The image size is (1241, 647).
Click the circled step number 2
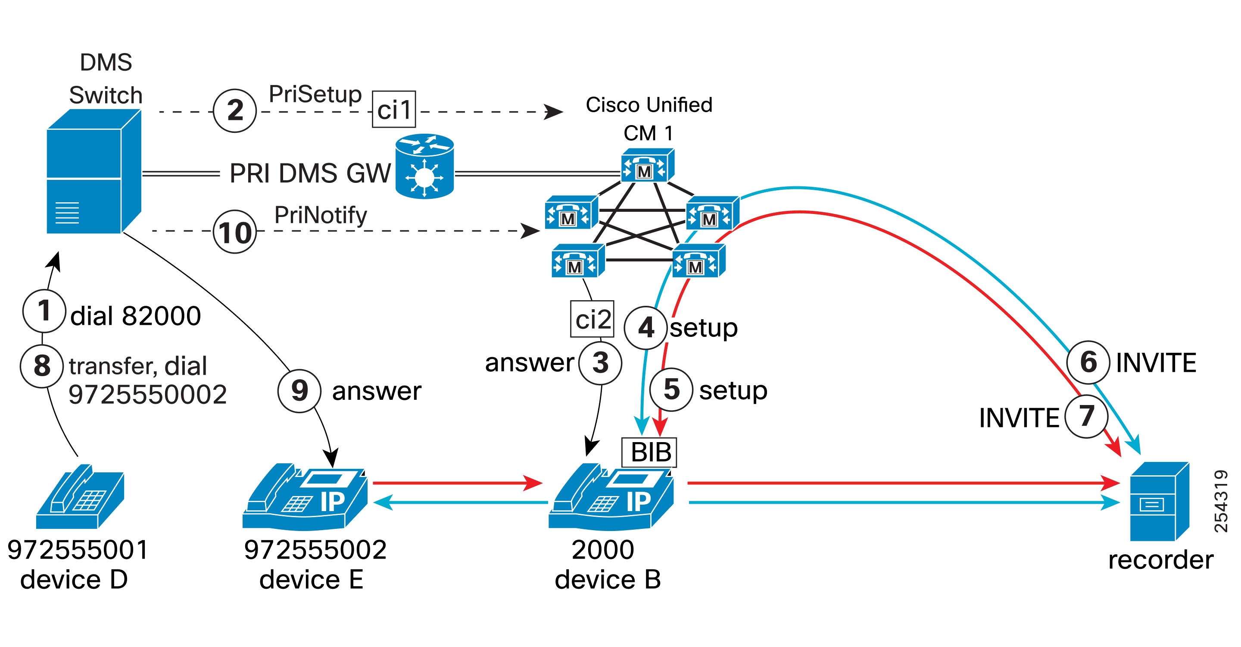pyautogui.click(x=234, y=110)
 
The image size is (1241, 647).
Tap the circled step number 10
pyautogui.click(x=234, y=232)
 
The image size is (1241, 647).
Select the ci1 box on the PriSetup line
pyautogui.click(x=393, y=110)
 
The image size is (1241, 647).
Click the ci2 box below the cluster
pyautogui.click(x=592, y=319)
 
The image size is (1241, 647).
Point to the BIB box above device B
pyautogui.click(x=649, y=452)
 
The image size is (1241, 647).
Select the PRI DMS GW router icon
pyautogui.click(x=424, y=166)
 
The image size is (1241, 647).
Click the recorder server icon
pyautogui.click(x=1159, y=501)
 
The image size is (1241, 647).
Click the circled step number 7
pyautogui.click(x=1086, y=417)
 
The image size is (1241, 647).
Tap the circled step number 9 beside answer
pyautogui.click(x=299, y=390)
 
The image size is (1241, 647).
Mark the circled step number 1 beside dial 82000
pyautogui.click(x=44, y=311)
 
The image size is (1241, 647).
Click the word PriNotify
pyautogui.click(x=320, y=215)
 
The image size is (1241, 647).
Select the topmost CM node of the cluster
pyautogui.click(x=647, y=165)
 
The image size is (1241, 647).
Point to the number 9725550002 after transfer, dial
pyautogui.click(x=147, y=394)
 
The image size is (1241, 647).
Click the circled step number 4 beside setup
pyautogui.click(x=645, y=328)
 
